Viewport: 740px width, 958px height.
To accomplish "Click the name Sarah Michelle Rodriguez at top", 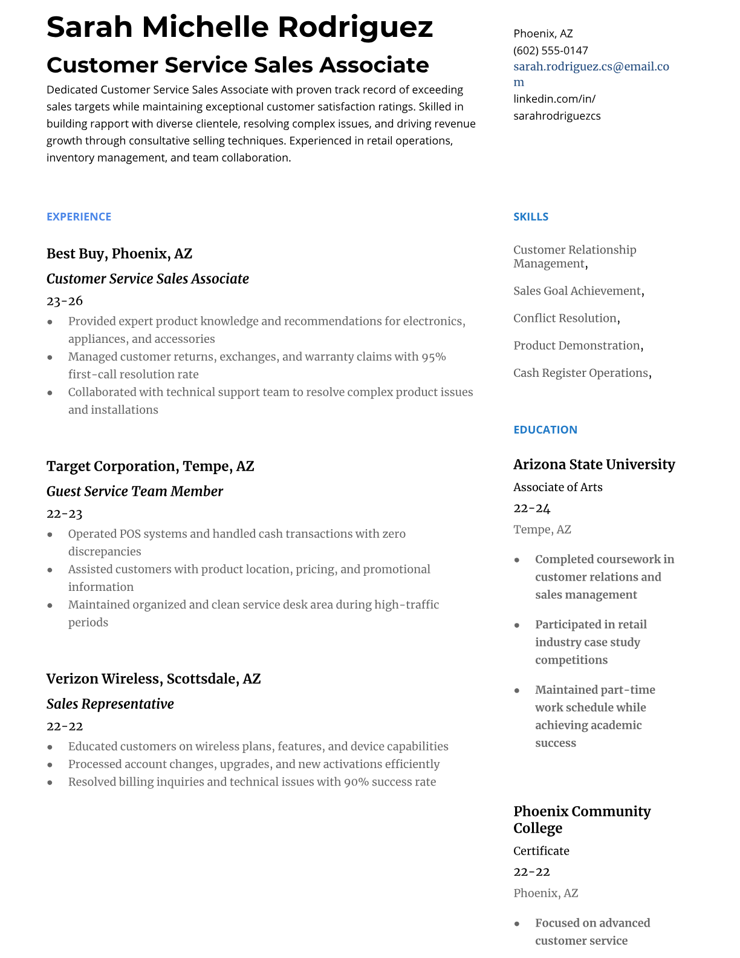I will [x=239, y=28].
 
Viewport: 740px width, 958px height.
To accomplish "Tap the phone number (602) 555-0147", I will [x=550, y=51].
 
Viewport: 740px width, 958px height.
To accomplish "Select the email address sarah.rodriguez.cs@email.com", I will [x=591, y=67].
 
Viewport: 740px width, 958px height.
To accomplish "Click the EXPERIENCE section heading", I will [x=79, y=217].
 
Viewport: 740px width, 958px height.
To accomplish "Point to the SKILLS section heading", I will [x=530, y=217].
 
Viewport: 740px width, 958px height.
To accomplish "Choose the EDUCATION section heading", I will [x=545, y=429].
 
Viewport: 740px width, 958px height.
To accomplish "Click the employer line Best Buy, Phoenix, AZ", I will [x=119, y=253].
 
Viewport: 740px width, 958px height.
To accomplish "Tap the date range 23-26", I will [x=65, y=301].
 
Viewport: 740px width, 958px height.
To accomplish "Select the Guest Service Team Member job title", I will [x=134, y=491].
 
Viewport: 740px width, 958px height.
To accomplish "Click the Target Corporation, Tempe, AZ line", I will [x=150, y=466].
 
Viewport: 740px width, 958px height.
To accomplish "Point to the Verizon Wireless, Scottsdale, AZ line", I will [x=154, y=679].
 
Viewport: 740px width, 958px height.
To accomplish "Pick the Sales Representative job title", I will [x=110, y=704].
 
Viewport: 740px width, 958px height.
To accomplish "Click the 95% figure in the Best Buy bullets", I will [x=433, y=357].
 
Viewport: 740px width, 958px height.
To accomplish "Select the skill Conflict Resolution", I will [x=565, y=318].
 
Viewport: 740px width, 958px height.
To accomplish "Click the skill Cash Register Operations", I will [x=580, y=373].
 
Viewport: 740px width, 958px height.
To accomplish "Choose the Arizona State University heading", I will [x=594, y=464].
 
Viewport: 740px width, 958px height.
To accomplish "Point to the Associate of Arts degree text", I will [x=557, y=487].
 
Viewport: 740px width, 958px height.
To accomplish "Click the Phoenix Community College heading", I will [x=582, y=820].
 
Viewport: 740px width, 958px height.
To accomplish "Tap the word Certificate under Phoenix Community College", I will [x=541, y=851].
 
